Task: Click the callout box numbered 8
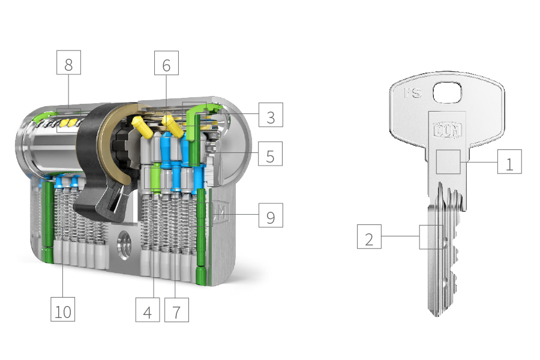pyautogui.click(x=68, y=62)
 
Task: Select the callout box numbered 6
pyautogui.click(x=166, y=62)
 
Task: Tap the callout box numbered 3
pyautogui.click(x=271, y=115)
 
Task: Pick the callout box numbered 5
pyautogui.click(x=271, y=154)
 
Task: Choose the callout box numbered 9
pyautogui.click(x=271, y=215)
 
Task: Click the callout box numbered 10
pyautogui.click(x=62, y=310)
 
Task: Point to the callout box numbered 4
pyautogui.click(x=148, y=310)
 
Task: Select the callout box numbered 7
pyautogui.click(x=176, y=310)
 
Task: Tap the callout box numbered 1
pyautogui.click(x=509, y=161)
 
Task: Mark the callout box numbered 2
pyautogui.click(x=369, y=236)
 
